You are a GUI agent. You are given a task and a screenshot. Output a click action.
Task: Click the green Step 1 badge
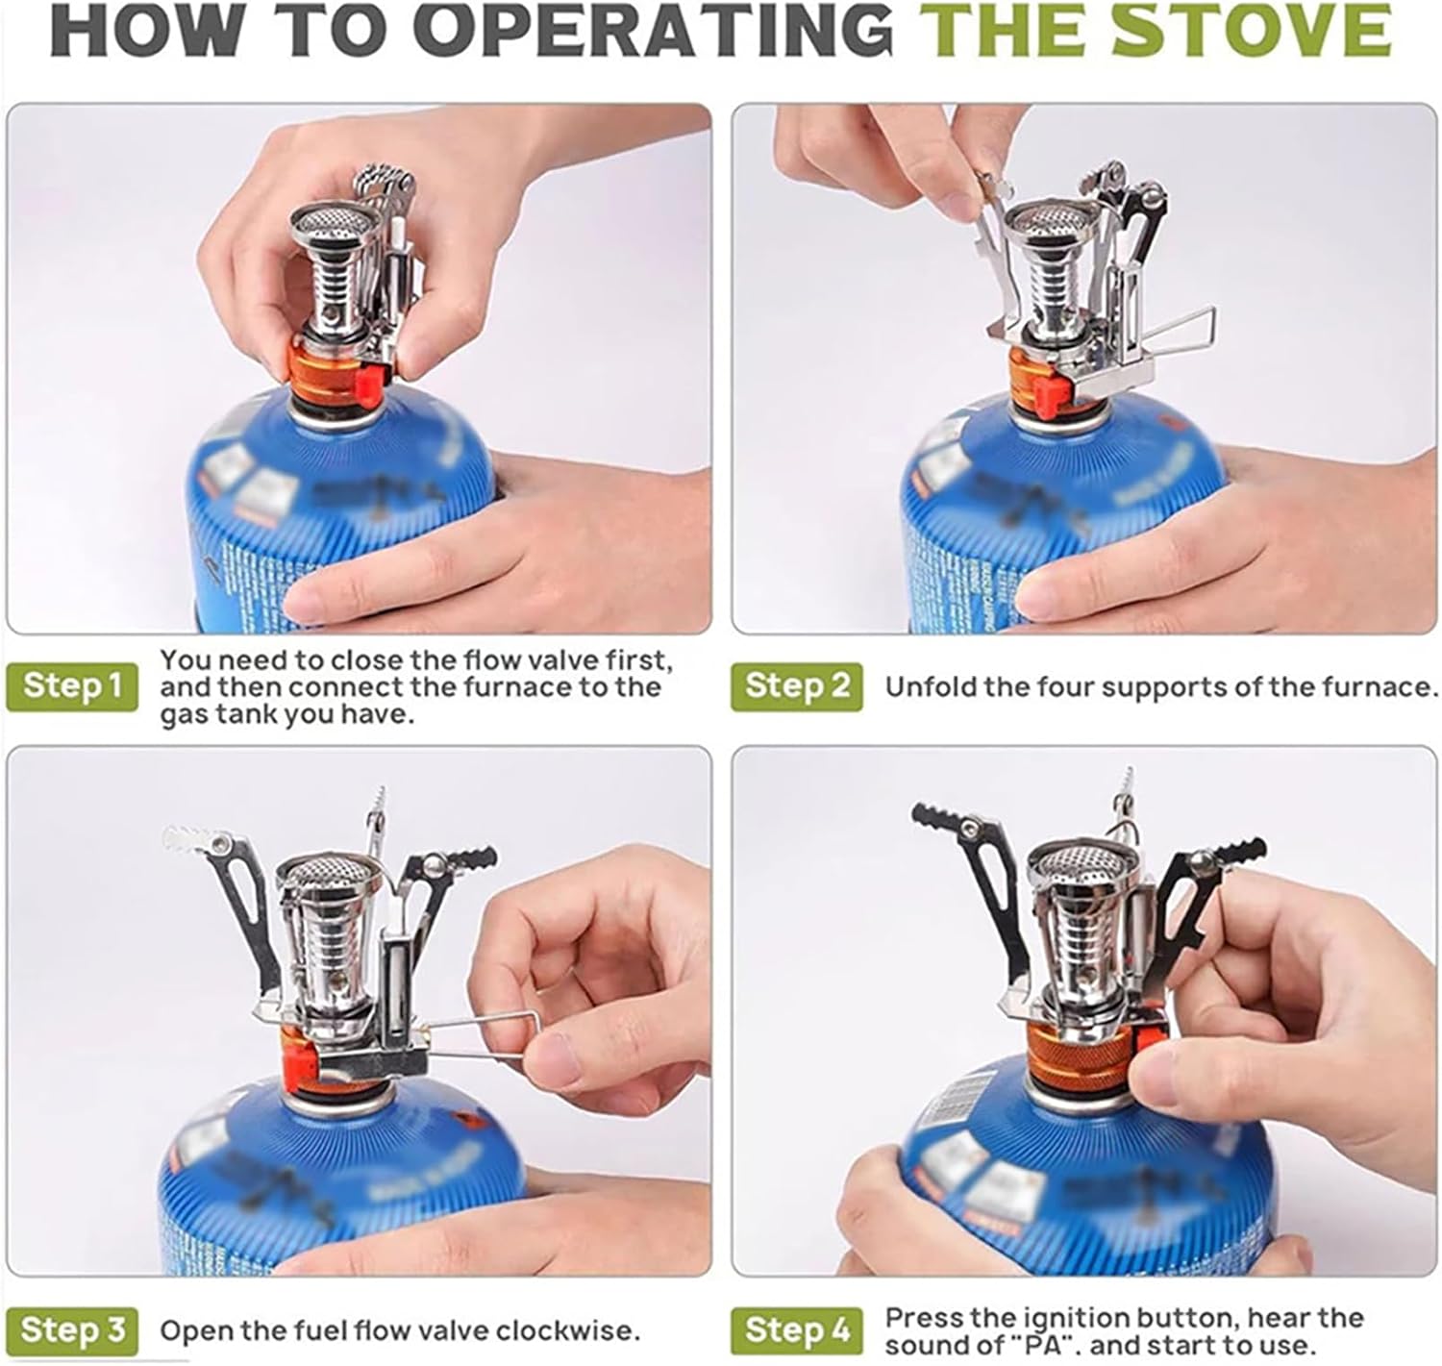click(x=72, y=685)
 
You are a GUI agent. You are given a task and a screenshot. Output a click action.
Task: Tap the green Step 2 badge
click(x=796, y=685)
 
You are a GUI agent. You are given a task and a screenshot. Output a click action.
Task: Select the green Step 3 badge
click(x=72, y=1330)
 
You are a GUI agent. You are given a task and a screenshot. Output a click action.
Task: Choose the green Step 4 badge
click(x=796, y=1330)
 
